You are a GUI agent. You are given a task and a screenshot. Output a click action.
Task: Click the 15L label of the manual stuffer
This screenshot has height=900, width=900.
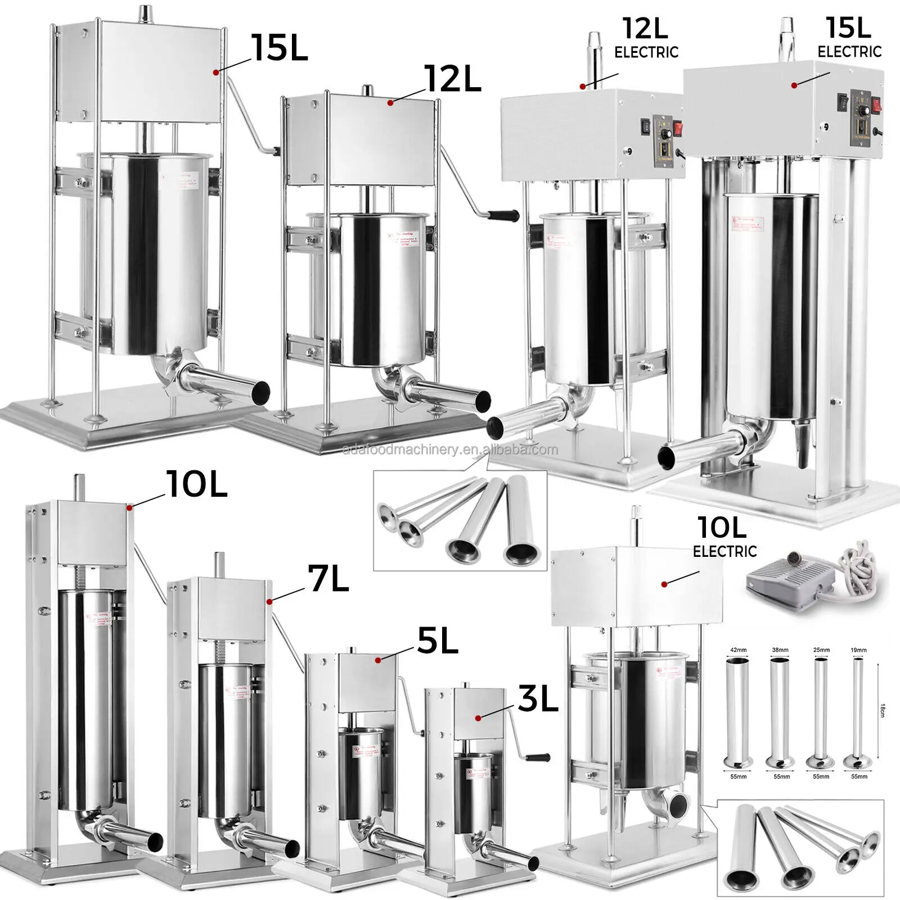[280, 48]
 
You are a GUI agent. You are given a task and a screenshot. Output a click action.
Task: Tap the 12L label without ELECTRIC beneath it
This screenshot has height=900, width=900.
[453, 79]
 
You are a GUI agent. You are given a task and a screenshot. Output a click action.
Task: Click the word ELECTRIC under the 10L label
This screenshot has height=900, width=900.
[724, 551]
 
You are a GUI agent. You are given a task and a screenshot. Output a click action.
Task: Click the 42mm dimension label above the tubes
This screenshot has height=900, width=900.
[738, 650]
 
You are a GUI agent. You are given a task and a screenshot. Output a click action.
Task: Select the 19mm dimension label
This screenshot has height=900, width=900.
[859, 650]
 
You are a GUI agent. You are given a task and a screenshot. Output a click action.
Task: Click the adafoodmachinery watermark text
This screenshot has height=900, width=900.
[450, 449]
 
